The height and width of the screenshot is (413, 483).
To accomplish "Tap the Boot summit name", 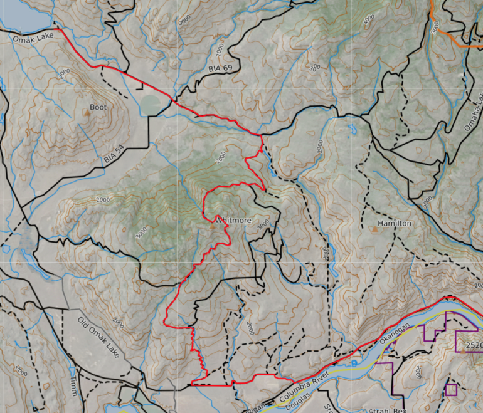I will (x=98, y=107).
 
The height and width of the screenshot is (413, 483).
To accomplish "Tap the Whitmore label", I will (x=233, y=221).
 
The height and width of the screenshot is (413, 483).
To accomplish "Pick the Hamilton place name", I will (x=394, y=223).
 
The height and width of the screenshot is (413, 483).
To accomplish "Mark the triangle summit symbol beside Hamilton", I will (x=375, y=229).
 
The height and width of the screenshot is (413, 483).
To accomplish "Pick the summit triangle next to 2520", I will (x=463, y=350).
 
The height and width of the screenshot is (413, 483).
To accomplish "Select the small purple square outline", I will (x=450, y=389).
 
